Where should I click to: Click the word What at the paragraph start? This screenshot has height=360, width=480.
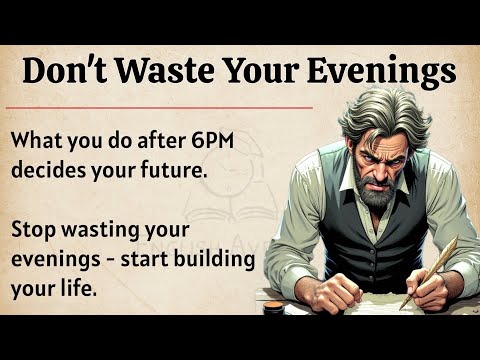coord(39,141)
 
